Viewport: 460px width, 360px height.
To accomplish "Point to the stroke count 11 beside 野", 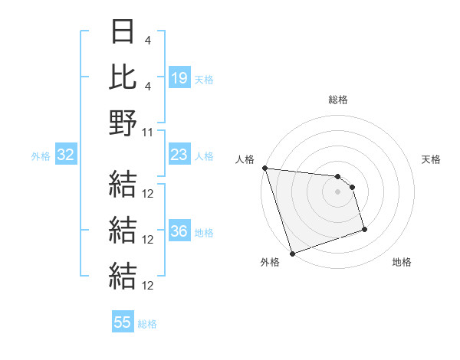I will coord(148,132).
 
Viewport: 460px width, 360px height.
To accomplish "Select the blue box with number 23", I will coord(179,155).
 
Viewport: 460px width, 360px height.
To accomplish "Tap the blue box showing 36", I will coord(179,231).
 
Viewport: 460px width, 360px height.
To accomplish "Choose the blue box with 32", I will coord(66,155).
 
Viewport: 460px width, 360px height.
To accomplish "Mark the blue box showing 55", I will coord(123,322).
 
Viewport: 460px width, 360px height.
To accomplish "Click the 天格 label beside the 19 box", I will coord(204,79).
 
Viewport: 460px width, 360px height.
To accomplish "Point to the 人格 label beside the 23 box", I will coord(204,156).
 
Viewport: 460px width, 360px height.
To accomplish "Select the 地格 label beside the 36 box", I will coord(204,233).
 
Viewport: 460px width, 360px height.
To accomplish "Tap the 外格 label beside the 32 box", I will coord(41,156).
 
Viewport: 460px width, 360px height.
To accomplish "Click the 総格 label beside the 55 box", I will coord(147,324).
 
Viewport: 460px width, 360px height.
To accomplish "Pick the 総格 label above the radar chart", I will coord(337,100).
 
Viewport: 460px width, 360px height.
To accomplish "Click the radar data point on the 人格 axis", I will coord(264,169).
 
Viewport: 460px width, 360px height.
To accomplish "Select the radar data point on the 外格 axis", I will coord(292,253).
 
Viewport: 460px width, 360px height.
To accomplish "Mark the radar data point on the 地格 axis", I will coord(364,229).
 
